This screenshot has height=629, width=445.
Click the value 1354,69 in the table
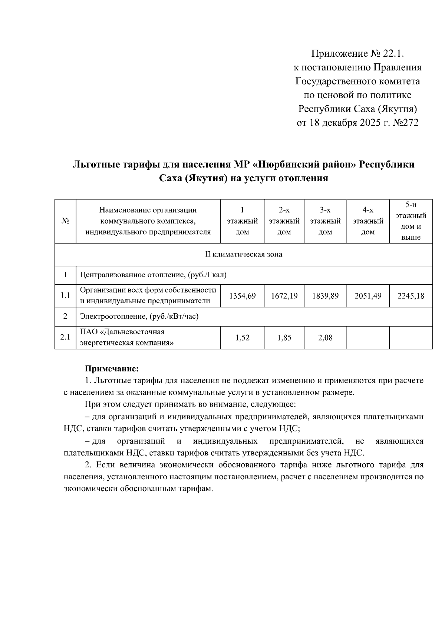click(x=243, y=296)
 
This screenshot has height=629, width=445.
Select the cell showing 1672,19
click(x=284, y=296)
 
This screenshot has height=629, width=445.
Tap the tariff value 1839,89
click(x=325, y=296)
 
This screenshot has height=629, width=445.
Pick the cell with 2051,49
click(x=368, y=296)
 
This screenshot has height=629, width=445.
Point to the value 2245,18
click(x=411, y=296)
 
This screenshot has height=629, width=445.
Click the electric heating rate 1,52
click(x=243, y=338)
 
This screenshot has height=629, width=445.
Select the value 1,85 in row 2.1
click(x=284, y=338)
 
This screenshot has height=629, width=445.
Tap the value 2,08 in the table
click(x=325, y=338)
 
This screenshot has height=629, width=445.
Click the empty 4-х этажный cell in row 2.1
click(x=368, y=338)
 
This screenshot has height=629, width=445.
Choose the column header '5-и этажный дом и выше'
click(x=411, y=221)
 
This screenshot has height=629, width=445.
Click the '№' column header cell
click(x=65, y=221)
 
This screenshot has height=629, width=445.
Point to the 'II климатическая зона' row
click(x=244, y=255)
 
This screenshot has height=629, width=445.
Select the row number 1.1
click(x=65, y=296)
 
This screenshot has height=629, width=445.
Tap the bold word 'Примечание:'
click(x=112, y=369)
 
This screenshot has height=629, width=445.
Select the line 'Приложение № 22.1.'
click(x=357, y=54)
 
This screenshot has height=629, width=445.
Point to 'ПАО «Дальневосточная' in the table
click(x=122, y=332)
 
